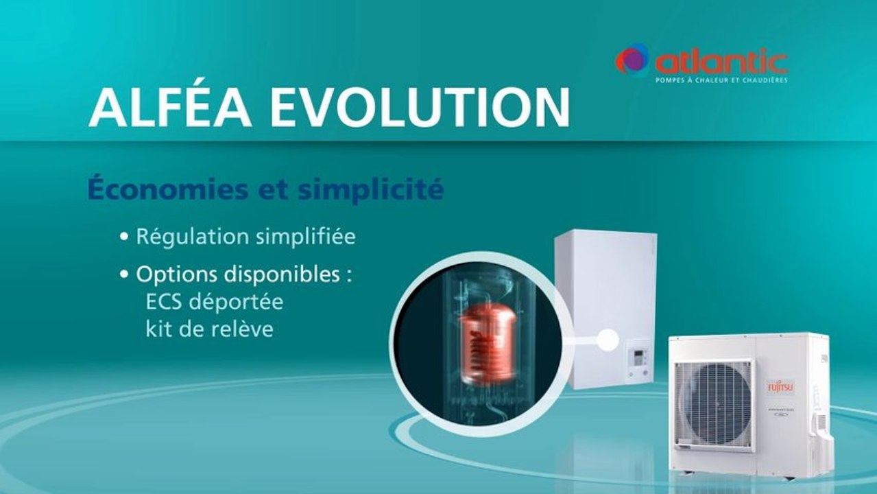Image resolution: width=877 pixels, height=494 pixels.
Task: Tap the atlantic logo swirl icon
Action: (632, 60)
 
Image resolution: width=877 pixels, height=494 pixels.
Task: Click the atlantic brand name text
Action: (720, 62)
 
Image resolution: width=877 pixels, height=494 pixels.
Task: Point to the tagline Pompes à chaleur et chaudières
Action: (721, 80)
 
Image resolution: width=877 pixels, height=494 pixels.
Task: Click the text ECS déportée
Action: (214, 302)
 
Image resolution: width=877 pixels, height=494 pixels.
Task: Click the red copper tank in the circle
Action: (486, 343)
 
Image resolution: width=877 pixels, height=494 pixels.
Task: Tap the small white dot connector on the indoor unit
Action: (608, 338)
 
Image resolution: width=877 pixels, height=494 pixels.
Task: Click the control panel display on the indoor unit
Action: (638, 357)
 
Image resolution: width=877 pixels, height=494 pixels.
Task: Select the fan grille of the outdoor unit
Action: (713, 405)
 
